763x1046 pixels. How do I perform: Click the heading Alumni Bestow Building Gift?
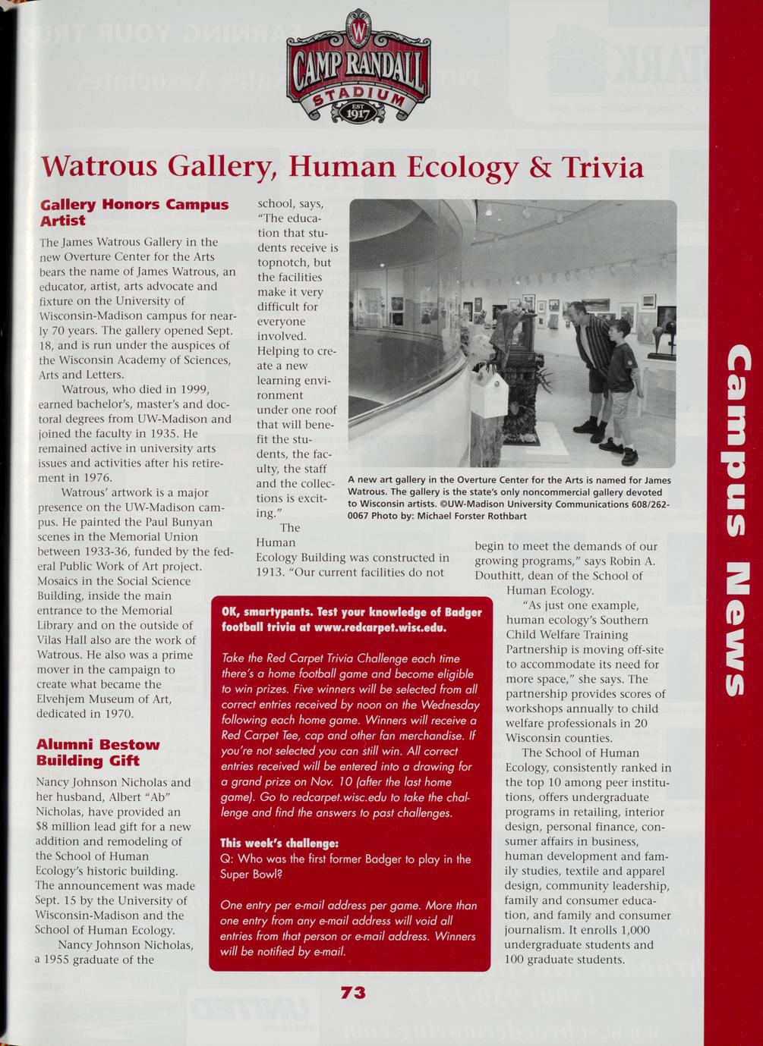(98, 752)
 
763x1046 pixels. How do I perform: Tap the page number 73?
(353, 993)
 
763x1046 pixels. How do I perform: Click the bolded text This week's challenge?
(279, 843)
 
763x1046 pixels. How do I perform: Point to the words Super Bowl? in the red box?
(251, 874)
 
